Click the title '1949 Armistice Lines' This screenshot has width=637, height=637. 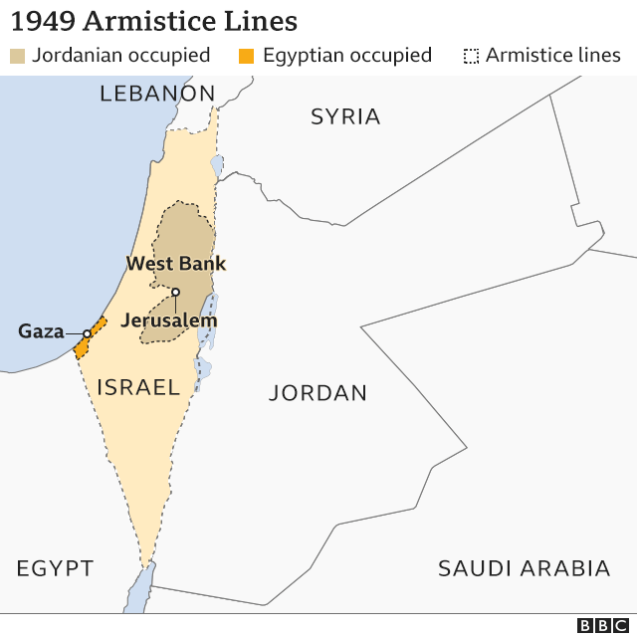pos(153,21)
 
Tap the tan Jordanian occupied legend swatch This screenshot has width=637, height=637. pos(18,56)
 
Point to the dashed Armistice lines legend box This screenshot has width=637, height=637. pos(472,56)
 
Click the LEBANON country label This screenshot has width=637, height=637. pos(157,95)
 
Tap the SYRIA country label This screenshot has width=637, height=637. pos(345,116)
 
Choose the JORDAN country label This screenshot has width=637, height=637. pos(318,393)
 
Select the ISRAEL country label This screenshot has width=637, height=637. pos(137,387)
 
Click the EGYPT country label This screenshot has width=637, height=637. pos(55,568)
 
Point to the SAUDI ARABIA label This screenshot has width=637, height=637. pos(524,568)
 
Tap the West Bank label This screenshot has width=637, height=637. pos(175,264)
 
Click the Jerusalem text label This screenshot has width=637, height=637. pos(168,320)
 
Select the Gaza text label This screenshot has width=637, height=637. pos(41,331)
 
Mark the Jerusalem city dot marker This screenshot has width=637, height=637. pos(175,292)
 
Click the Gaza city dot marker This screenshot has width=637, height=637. pos(87,333)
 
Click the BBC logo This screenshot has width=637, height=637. pos(599,624)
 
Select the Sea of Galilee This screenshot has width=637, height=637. pos(216,164)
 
